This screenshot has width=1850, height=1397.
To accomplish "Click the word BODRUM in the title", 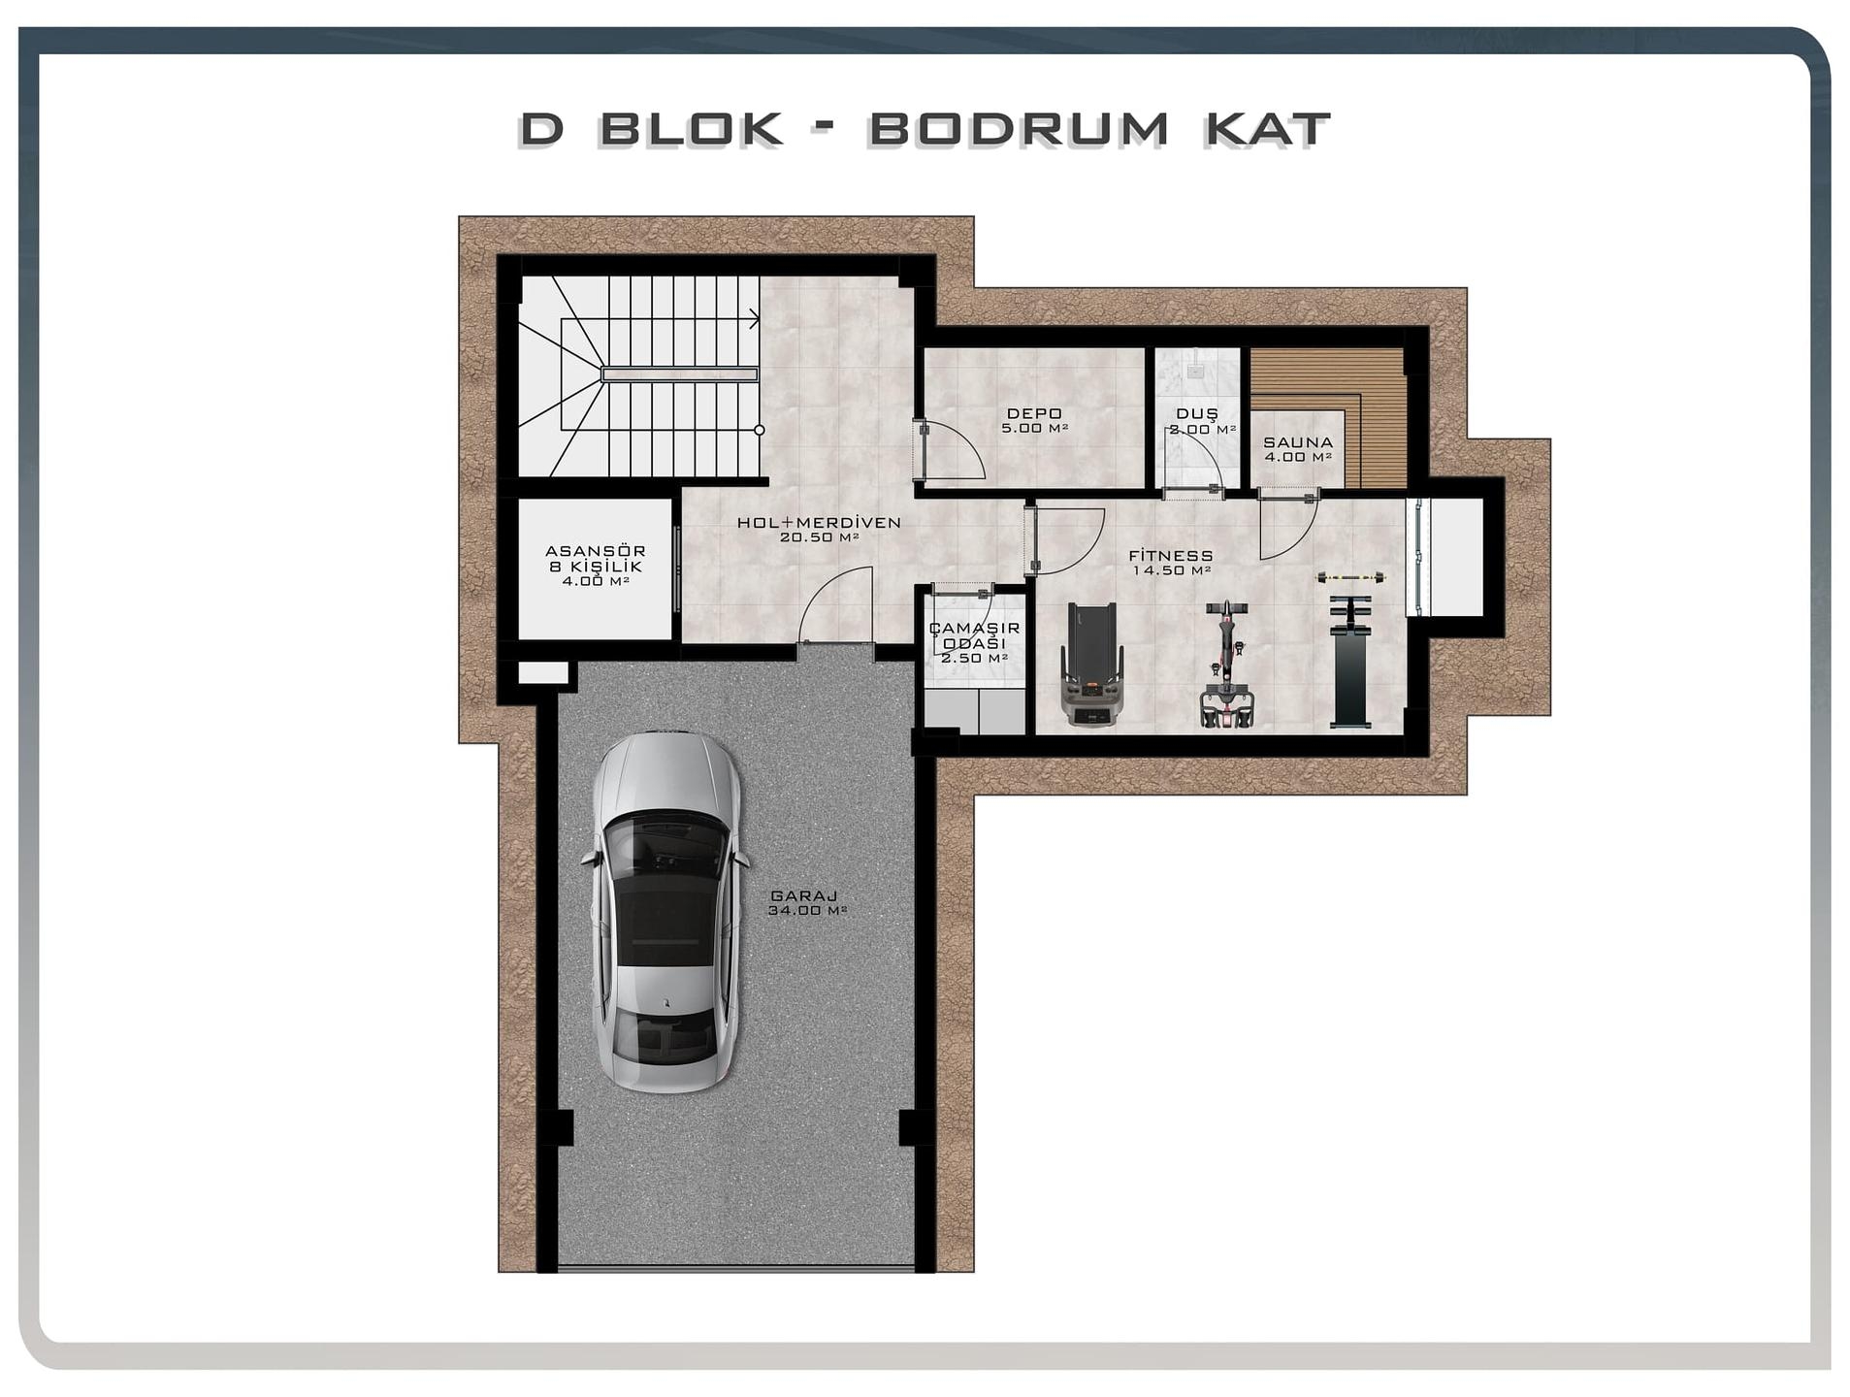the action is point(1018,129).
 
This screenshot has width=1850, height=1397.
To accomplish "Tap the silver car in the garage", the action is point(665,912).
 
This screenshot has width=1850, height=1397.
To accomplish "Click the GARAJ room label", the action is point(804,896).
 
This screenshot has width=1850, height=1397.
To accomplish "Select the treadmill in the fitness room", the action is point(1093,664).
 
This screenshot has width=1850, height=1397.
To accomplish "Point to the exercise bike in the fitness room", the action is point(1227,664).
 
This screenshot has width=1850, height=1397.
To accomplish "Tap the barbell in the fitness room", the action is point(1349,578).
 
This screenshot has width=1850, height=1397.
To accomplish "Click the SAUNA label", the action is point(1298,442).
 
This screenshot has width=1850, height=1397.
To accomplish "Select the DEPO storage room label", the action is point(1034,413).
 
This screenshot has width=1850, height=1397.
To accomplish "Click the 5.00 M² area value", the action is point(1035,428).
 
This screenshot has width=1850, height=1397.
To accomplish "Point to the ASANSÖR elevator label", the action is point(596,551).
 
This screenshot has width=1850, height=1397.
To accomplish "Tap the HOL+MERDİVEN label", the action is point(819,522).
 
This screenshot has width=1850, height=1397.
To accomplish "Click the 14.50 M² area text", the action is point(1172,570).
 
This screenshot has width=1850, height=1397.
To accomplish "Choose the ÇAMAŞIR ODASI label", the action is point(974,635).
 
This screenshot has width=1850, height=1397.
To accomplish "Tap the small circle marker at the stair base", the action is point(760,430).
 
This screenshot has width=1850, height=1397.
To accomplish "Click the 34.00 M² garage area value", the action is point(807,911).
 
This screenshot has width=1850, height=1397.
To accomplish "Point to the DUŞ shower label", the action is point(1197,413).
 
